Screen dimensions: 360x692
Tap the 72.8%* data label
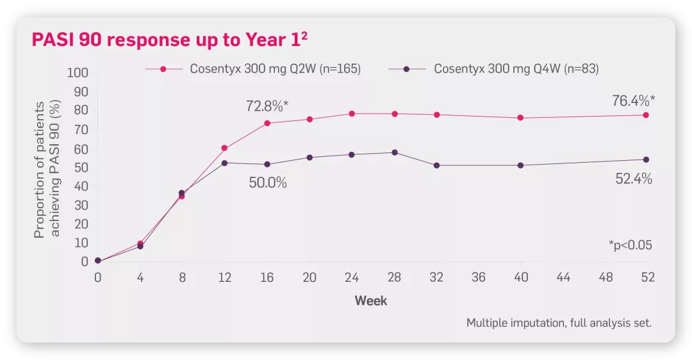(x=267, y=106)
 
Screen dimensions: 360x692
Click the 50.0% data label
(x=268, y=183)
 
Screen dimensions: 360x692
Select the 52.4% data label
(x=634, y=179)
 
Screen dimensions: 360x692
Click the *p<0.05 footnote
(x=630, y=245)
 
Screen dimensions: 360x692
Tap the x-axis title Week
(x=371, y=300)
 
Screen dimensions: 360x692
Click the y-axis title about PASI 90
(x=47, y=169)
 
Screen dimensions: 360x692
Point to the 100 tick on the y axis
(x=78, y=73)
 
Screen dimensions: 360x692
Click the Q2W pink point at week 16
(x=267, y=123)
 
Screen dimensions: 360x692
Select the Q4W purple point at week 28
(x=394, y=152)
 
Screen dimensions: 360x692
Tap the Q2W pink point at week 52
(x=646, y=115)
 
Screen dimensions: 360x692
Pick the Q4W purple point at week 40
(x=520, y=165)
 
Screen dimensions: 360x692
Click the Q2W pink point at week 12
(x=224, y=148)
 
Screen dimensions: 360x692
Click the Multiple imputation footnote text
(x=559, y=323)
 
